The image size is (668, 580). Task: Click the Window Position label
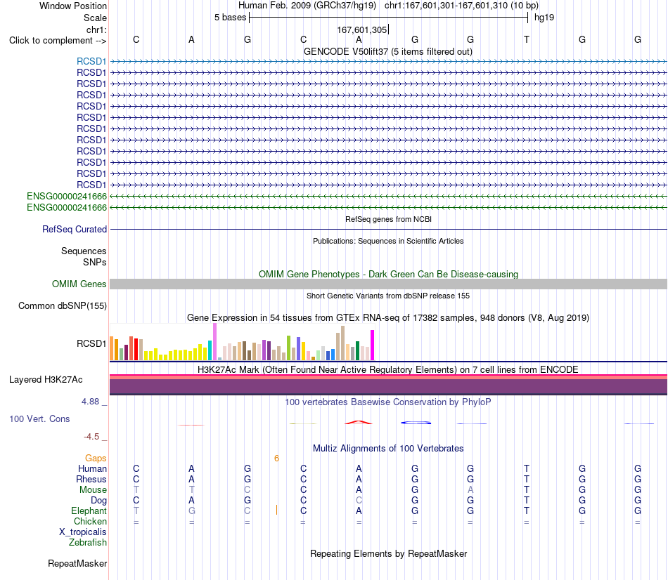pyautogui.click(x=73, y=6)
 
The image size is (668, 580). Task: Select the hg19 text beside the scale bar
pyautogui.click(x=544, y=18)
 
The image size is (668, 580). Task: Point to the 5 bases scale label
pyautogui.click(x=230, y=18)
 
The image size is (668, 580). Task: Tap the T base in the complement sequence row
pyautogui.click(x=527, y=39)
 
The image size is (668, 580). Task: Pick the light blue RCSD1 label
pyautogui.click(x=91, y=61)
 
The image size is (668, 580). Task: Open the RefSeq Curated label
pyautogui.click(x=75, y=229)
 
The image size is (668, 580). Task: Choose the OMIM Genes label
pyautogui.click(x=79, y=284)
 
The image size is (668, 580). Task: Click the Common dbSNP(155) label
pyautogui.click(x=63, y=305)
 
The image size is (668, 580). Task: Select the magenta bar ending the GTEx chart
pyautogui.click(x=373, y=345)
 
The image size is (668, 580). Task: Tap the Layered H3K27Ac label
pyautogui.click(x=46, y=380)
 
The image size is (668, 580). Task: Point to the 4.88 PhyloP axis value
pyautogui.click(x=90, y=401)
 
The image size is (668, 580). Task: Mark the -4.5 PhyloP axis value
pyautogui.click(x=91, y=437)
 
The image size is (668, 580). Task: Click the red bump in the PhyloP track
pyautogui.click(x=359, y=422)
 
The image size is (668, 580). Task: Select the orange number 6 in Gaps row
pyautogui.click(x=276, y=459)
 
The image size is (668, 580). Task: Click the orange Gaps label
pyautogui.click(x=96, y=458)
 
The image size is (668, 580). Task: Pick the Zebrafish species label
pyautogui.click(x=88, y=543)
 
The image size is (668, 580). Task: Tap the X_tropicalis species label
pyautogui.click(x=83, y=532)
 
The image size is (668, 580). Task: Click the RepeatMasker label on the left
pyautogui.click(x=77, y=563)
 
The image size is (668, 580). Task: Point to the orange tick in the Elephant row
pyautogui.click(x=276, y=510)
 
